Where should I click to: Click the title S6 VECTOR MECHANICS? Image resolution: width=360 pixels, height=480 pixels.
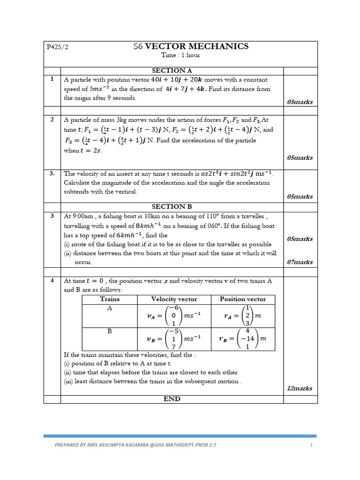191,46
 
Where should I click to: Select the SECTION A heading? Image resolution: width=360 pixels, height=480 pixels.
172,70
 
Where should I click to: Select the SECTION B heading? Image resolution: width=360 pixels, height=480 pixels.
172,206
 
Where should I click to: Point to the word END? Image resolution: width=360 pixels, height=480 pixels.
172,399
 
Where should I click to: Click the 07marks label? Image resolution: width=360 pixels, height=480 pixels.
300,262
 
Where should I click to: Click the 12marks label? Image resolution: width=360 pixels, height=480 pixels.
300,388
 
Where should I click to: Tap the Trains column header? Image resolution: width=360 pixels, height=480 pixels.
110,299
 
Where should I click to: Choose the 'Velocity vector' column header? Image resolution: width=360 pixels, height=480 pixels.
174,299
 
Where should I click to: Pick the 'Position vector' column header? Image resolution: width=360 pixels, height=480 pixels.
242,299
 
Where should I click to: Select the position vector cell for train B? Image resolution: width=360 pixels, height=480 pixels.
242,339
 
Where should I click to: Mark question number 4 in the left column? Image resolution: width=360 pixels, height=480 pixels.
52,281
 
